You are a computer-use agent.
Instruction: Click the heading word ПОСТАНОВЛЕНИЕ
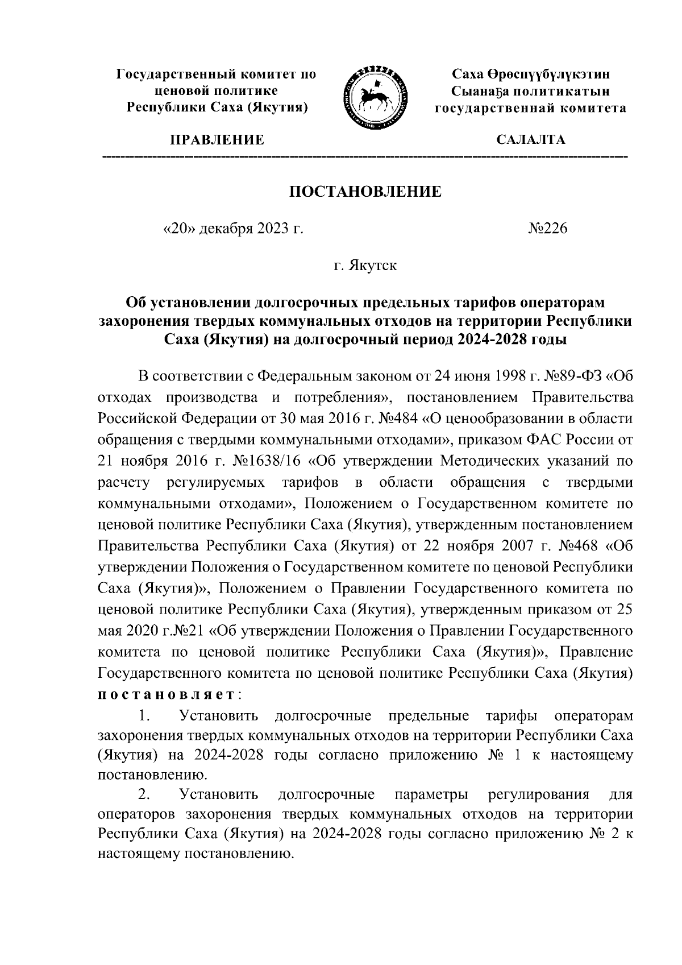(365, 191)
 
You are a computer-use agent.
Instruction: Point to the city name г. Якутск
(365, 265)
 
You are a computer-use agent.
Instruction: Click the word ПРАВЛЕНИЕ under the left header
(216, 140)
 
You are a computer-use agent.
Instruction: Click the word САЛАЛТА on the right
(531, 140)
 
